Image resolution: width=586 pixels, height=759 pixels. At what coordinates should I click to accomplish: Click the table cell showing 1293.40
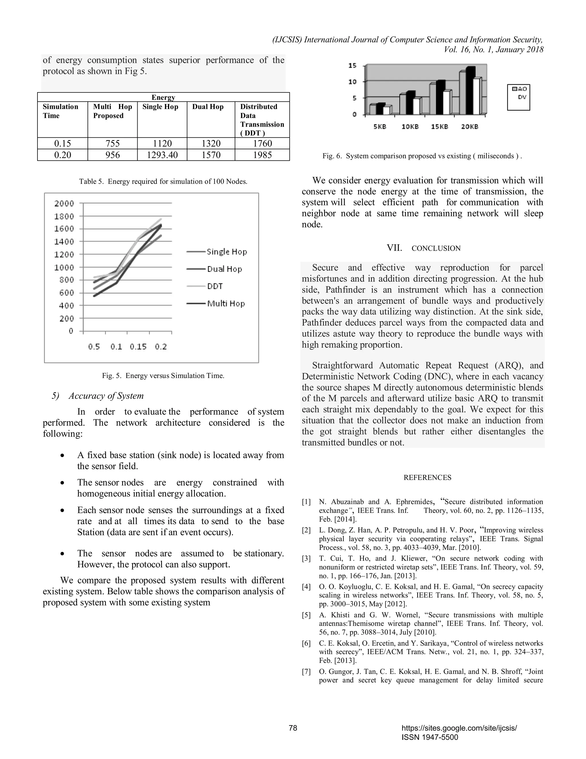click(x=162, y=155)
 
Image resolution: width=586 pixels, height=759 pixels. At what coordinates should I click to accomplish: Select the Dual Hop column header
click(x=208, y=107)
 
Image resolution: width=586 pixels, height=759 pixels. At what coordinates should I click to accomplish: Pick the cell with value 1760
click(x=262, y=143)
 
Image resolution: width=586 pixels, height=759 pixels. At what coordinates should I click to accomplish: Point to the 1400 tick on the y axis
click(x=64, y=241)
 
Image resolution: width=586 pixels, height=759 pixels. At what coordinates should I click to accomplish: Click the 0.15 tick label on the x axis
click(x=138, y=347)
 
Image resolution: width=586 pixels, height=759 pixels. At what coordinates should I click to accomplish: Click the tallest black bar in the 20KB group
click(x=470, y=90)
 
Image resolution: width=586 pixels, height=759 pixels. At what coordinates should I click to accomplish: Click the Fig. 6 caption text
click(x=422, y=156)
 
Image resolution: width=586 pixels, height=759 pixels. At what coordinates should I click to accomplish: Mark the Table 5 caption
click(x=163, y=181)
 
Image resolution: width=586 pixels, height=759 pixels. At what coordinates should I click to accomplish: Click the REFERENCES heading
click(x=427, y=477)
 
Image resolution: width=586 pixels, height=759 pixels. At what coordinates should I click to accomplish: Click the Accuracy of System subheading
click(x=106, y=396)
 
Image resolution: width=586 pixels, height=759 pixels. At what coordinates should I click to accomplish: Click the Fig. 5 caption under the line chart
click(x=163, y=376)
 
